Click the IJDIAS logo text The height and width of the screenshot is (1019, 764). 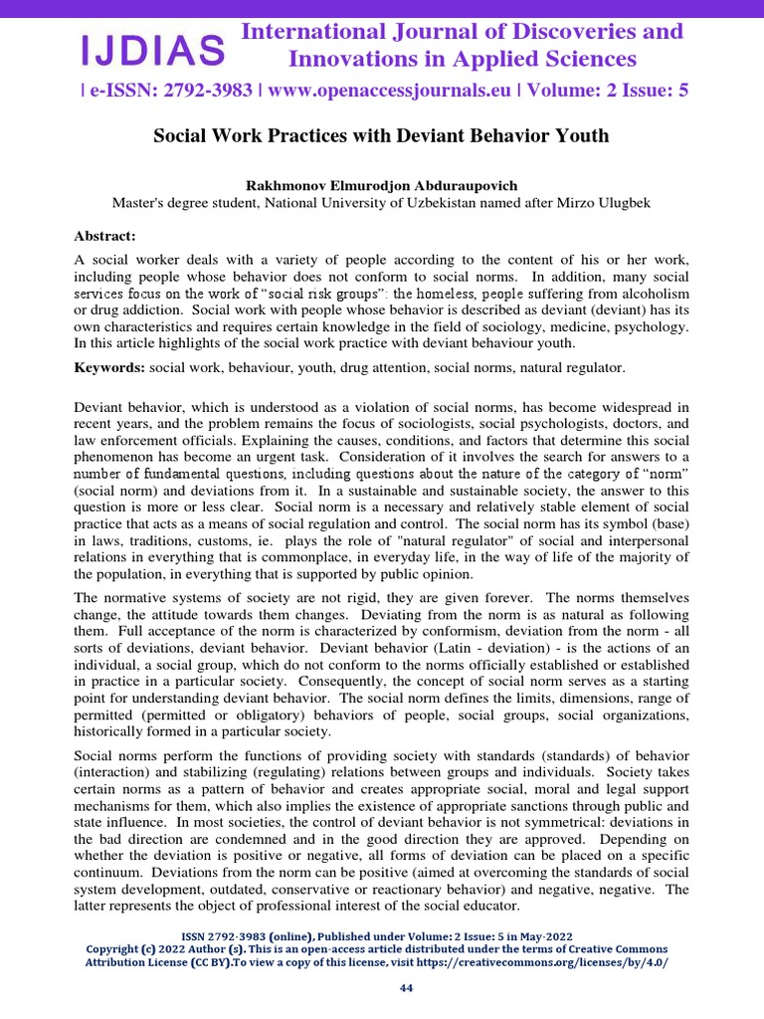152,48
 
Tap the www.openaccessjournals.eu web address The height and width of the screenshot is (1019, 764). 389,92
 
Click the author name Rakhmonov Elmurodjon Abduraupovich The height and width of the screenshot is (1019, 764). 382,185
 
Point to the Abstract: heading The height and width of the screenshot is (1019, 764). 104,236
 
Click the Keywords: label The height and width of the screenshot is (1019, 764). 109,368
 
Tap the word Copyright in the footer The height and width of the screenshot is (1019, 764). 117,949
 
